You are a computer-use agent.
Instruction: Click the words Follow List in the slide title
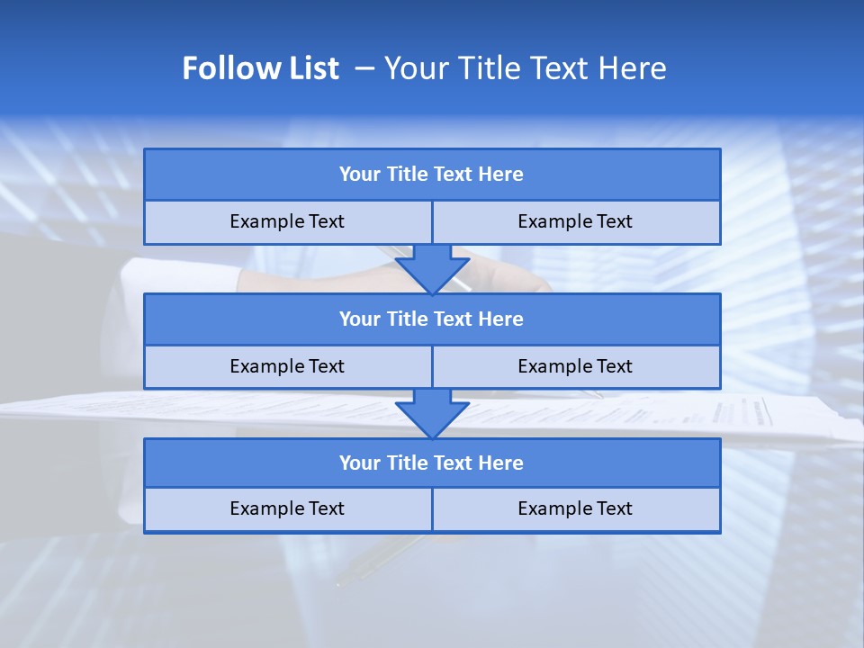(260, 68)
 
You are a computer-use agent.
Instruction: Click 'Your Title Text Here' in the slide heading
(525, 68)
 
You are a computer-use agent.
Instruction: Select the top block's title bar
(432, 175)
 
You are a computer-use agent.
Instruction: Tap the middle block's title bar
(432, 319)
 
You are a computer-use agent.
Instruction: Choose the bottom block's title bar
(432, 463)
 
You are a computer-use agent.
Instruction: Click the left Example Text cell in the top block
(287, 222)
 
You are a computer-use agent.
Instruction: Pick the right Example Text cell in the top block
(575, 222)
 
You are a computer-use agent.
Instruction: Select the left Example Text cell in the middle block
(287, 367)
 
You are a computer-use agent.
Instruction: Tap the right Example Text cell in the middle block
(575, 367)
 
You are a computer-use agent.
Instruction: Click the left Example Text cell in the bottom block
(287, 509)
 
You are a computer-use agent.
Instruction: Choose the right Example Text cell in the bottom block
(575, 509)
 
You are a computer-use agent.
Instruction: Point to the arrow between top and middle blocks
(432, 268)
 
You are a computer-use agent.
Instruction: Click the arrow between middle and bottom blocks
(432, 413)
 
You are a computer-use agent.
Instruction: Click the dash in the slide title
(364, 68)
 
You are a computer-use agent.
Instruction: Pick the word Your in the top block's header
(359, 175)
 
